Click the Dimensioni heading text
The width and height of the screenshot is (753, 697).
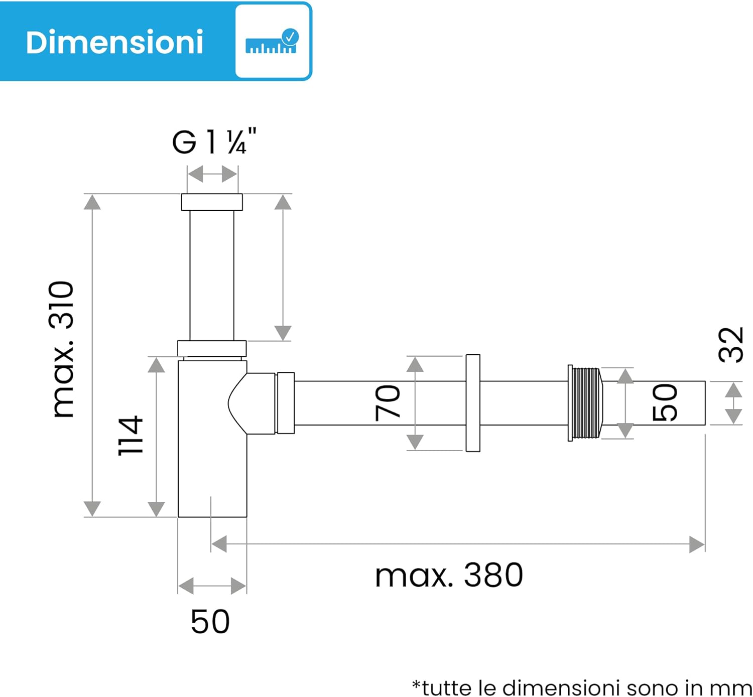(114, 42)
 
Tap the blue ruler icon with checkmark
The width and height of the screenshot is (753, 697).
(272, 42)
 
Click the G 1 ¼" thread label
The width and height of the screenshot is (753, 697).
(214, 143)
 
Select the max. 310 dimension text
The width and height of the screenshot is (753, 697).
(62, 349)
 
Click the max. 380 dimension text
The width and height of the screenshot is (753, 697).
(449, 575)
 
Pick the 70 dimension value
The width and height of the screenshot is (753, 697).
(388, 402)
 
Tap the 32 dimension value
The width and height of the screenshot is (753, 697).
(731, 345)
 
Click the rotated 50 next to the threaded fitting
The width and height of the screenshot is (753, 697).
(665, 402)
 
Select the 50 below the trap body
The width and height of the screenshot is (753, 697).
(210, 622)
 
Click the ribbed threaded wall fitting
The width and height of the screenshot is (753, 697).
(585, 403)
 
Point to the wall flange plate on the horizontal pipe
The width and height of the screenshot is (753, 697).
(472, 403)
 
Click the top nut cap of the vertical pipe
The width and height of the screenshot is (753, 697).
(212, 202)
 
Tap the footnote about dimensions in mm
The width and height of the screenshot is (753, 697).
(581, 687)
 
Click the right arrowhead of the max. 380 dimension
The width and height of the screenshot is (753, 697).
(697, 544)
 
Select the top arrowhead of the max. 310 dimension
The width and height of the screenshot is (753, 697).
(92, 202)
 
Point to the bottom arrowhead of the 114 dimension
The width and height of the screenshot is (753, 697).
(157, 509)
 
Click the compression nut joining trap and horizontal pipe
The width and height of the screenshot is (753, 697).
(285, 403)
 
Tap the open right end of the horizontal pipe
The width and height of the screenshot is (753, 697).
(704, 403)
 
